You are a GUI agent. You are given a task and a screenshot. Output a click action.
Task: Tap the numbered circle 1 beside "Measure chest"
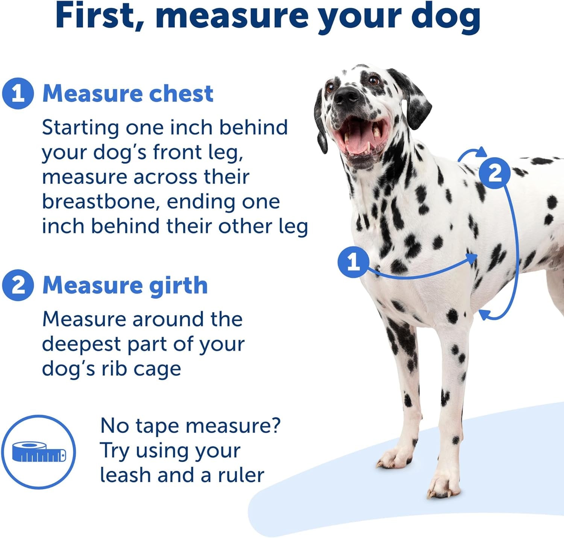pos(18,93)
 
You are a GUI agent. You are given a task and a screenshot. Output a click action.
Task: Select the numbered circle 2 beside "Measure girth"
pos(18,285)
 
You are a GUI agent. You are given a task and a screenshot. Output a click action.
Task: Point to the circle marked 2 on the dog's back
pos(495,173)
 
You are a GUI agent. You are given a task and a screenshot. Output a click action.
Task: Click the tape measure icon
pos(39,452)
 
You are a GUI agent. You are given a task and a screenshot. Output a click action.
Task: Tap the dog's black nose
pos(347,95)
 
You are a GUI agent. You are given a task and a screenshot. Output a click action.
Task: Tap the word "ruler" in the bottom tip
pos(241,475)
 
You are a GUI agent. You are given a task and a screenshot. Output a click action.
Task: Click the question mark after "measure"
pos(275,426)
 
